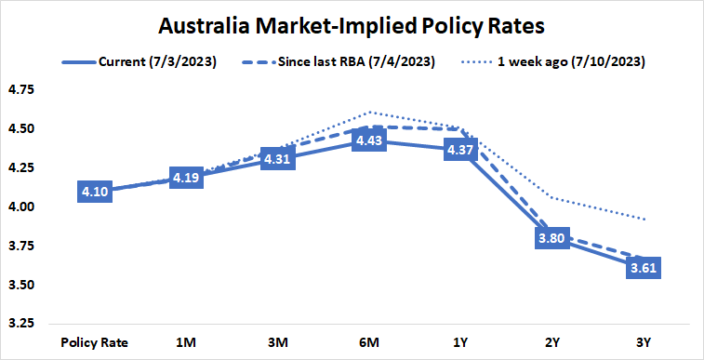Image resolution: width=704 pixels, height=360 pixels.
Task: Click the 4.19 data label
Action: [x=187, y=177]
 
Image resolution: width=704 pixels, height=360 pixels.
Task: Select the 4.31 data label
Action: [x=278, y=158]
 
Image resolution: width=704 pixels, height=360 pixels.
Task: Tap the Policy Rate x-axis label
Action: [x=95, y=341]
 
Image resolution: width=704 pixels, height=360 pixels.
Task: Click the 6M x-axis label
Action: [x=369, y=341]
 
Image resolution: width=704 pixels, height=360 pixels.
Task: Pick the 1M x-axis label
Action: [x=187, y=341]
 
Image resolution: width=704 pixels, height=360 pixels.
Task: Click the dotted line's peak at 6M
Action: [x=369, y=112]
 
